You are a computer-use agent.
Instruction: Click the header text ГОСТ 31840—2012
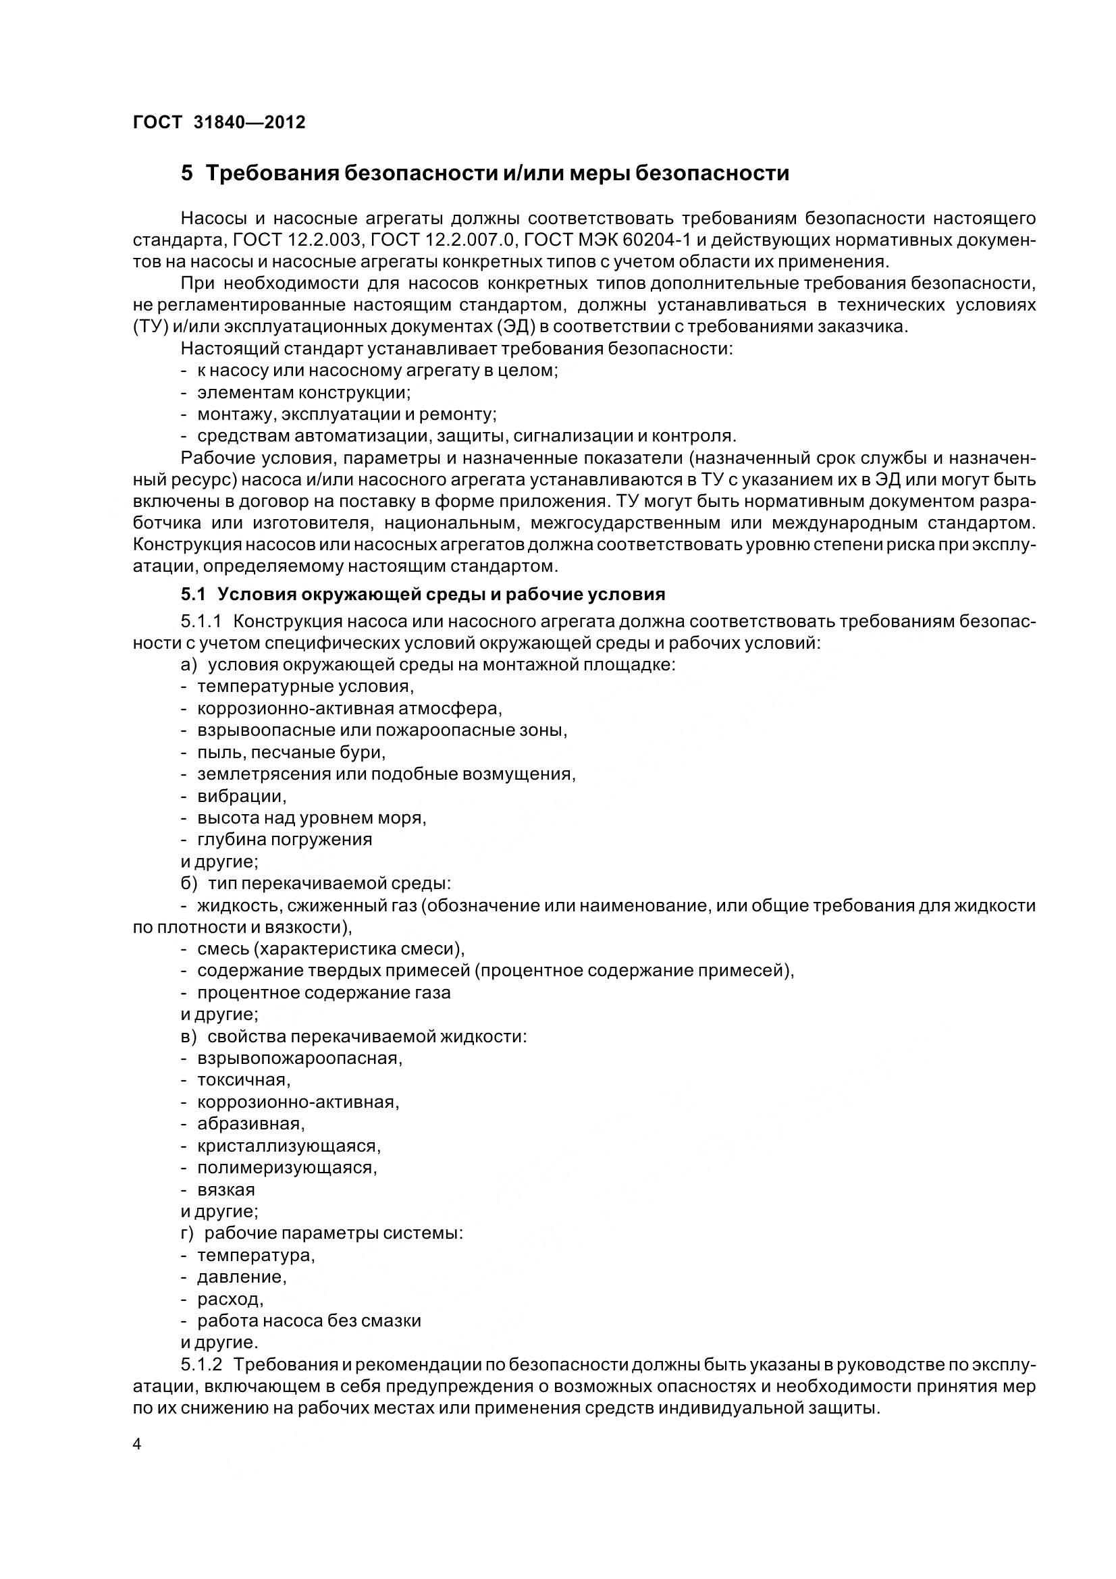pyautogui.click(x=219, y=122)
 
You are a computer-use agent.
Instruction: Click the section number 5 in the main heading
pyautogui.click(x=187, y=173)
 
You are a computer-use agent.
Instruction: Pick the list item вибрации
pyautogui.click(x=240, y=797)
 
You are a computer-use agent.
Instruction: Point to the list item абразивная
pyautogui.click(x=250, y=1123)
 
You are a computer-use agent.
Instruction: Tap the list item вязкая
pyautogui.click(x=225, y=1189)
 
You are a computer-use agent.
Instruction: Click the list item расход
pyautogui.click(x=230, y=1299)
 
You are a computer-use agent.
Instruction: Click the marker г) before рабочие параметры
pyautogui.click(x=188, y=1233)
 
